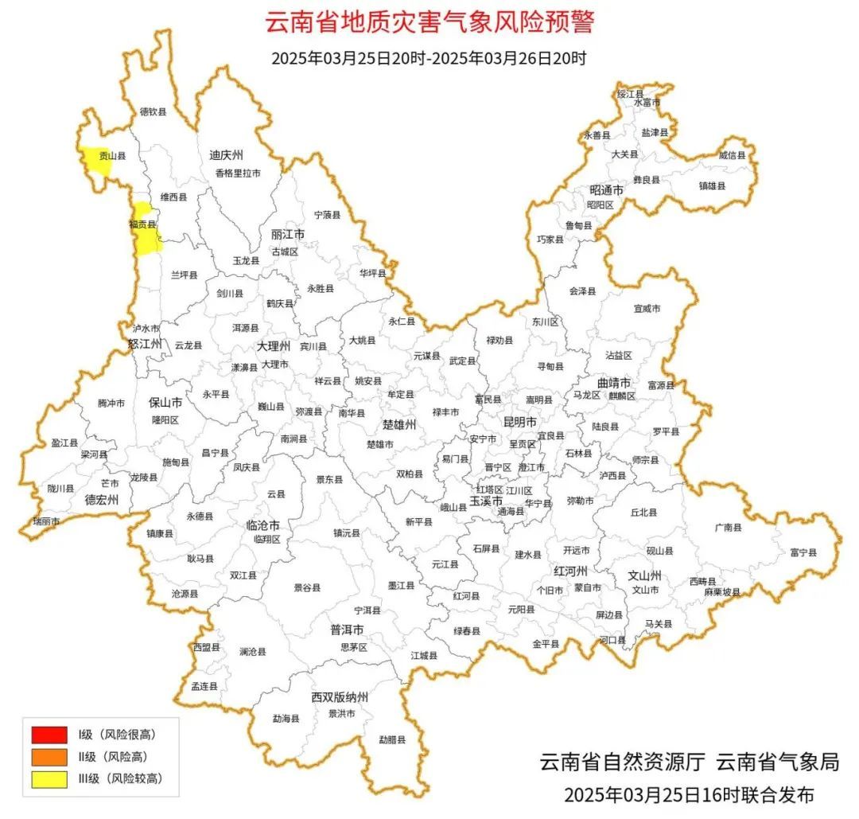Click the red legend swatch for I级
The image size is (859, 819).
(x=49, y=733)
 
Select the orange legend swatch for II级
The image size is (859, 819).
(x=49, y=756)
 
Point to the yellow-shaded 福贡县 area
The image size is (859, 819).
(x=146, y=231)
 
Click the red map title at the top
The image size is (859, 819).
(x=429, y=21)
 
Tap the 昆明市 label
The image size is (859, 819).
(x=520, y=421)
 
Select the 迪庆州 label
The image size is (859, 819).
(x=226, y=155)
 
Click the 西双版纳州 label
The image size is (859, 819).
(x=340, y=697)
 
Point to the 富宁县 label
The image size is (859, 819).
(x=803, y=552)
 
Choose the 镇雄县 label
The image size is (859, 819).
(x=712, y=185)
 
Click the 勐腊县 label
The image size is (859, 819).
(x=392, y=740)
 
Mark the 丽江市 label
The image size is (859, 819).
(x=288, y=236)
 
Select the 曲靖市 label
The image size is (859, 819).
(x=614, y=383)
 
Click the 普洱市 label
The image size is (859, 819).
(x=348, y=630)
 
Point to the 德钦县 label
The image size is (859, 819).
(x=154, y=112)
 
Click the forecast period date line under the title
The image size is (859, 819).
(x=429, y=58)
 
